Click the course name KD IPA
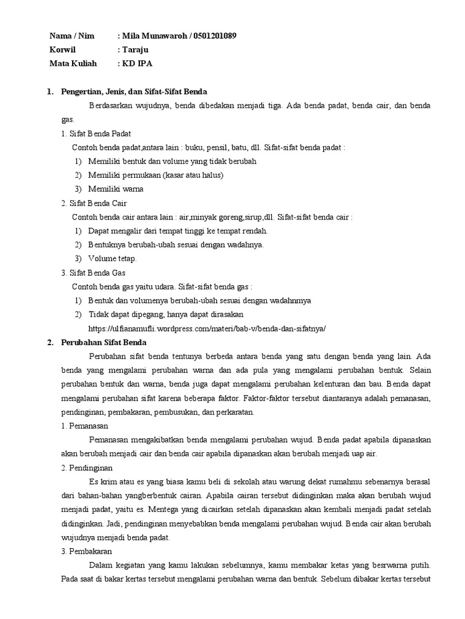138,63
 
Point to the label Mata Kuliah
73,63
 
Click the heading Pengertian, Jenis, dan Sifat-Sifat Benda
134,92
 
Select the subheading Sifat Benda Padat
100,134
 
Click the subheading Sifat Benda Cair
98,203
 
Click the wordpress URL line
207,328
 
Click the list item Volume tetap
113,259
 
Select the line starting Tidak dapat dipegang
166,314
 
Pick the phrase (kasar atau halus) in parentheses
193,175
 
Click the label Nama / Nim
70,36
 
